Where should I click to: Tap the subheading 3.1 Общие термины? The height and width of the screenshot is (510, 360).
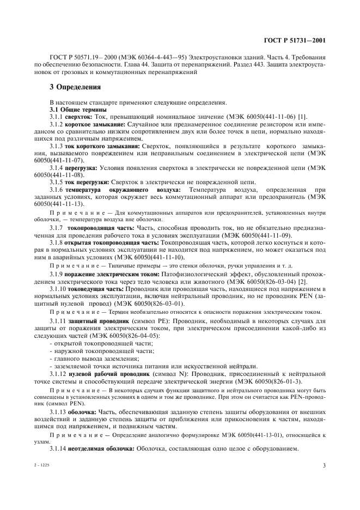(74, 110)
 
